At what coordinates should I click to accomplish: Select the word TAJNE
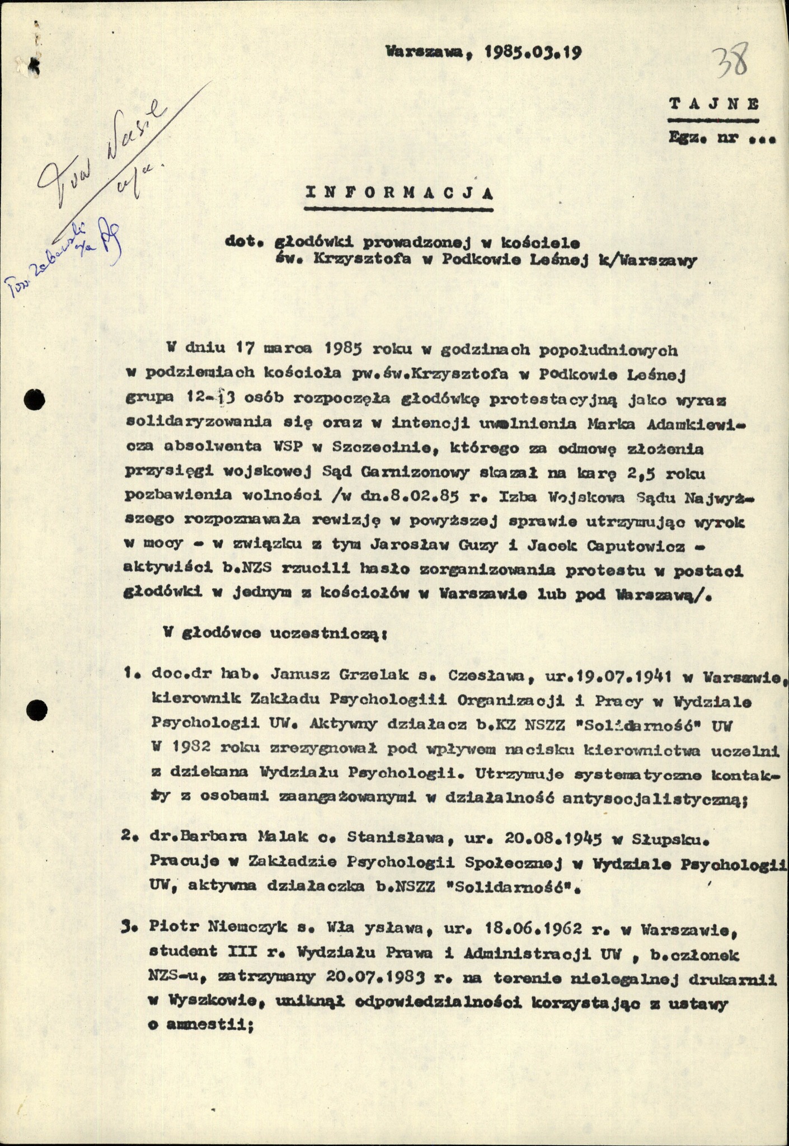[714, 104]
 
